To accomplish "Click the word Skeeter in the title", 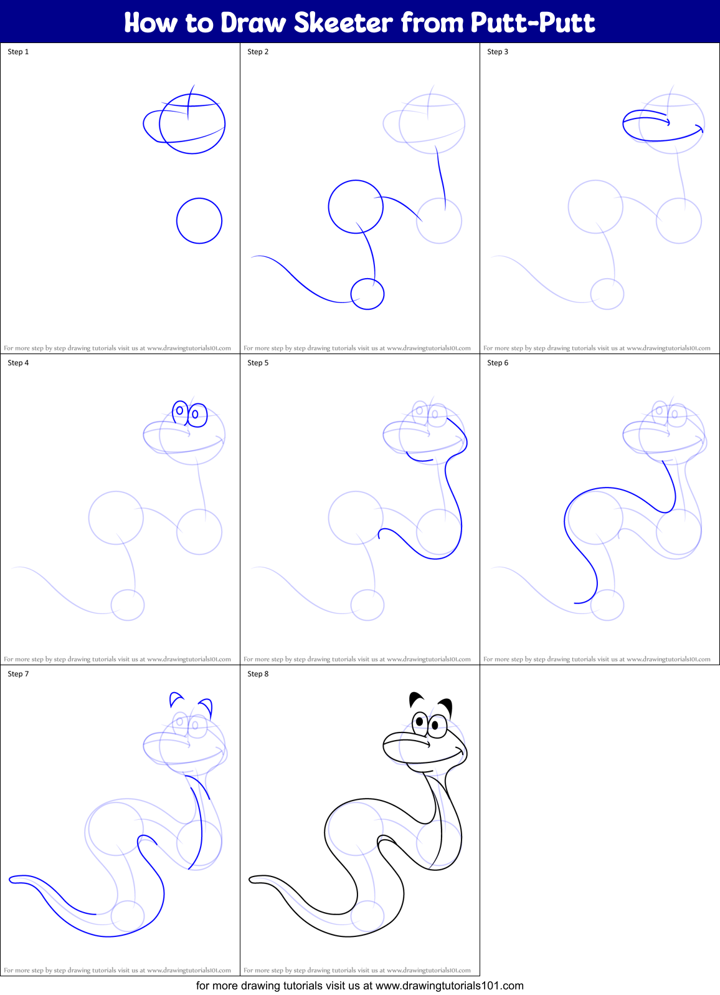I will (x=343, y=22).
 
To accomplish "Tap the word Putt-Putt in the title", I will (x=533, y=22).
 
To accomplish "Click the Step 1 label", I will (x=18, y=52).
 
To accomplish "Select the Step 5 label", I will (x=258, y=363).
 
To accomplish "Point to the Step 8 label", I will (x=258, y=674).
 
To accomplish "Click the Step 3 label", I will (x=498, y=52).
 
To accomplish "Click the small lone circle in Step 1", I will (x=199, y=221).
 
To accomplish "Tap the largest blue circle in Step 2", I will (x=356, y=207).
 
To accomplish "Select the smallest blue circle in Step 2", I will (x=367, y=294).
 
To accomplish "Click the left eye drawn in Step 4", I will (x=180, y=410).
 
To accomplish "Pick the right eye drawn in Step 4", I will (x=197, y=415).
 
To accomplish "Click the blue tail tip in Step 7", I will (x=13, y=880).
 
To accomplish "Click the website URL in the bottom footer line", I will (x=449, y=986).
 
